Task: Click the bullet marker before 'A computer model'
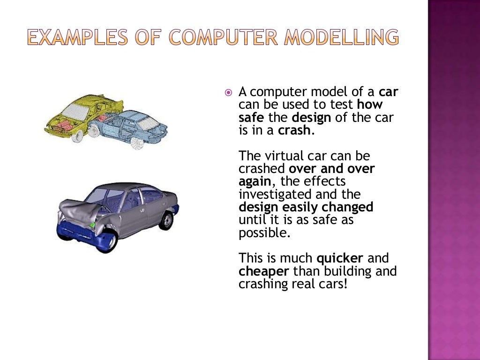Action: (x=228, y=93)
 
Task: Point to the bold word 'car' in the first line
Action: (x=388, y=92)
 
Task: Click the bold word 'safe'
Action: (x=251, y=117)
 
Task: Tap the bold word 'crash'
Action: (x=294, y=130)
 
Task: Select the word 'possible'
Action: (x=263, y=233)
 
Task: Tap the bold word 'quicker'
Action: (x=340, y=258)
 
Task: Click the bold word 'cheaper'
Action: (x=264, y=271)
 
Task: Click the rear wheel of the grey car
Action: (x=165, y=220)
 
